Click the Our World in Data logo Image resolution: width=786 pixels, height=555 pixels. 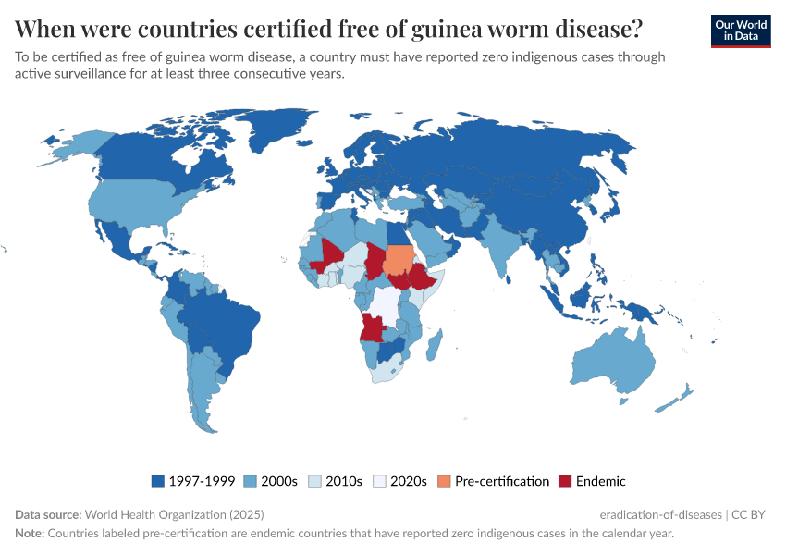click(740, 30)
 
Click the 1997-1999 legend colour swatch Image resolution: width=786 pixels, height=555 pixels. click(157, 481)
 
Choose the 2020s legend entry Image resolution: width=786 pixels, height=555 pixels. click(408, 481)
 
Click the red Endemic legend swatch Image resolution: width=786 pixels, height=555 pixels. click(565, 481)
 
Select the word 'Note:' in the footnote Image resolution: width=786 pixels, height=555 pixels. click(29, 534)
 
